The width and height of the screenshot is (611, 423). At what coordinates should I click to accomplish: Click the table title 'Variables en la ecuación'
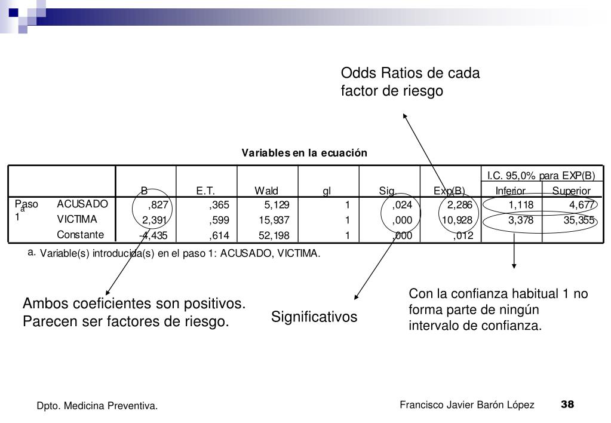[x=304, y=153]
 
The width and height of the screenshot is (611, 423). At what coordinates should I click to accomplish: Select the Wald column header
[x=266, y=191]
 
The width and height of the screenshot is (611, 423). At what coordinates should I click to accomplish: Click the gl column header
[x=327, y=191]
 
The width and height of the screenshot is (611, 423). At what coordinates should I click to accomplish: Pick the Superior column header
[x=571, y=191]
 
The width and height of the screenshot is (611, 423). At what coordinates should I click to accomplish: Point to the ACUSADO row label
[x=82, y=204]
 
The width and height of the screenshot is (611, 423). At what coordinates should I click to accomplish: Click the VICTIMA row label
[x=77, y=219]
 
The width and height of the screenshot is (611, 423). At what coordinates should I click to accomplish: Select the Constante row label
[x=81, y=235]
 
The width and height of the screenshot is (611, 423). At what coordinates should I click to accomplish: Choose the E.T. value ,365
[x=219, y=205]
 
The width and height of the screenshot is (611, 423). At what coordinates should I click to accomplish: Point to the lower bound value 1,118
[x=521, y=205]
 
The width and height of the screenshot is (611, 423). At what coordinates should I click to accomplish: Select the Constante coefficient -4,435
[x=153, y=235]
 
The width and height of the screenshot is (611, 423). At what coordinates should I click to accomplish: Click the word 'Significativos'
[x=314, y=317]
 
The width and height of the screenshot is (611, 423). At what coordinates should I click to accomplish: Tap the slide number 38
[x=567, y=404]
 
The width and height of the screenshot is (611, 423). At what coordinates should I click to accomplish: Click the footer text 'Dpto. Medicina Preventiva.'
[x=97, y=406]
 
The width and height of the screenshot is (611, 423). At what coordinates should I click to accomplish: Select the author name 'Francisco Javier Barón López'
[x=467, y=405]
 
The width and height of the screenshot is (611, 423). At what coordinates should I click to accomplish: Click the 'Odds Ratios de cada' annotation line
[x=410, y=73]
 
